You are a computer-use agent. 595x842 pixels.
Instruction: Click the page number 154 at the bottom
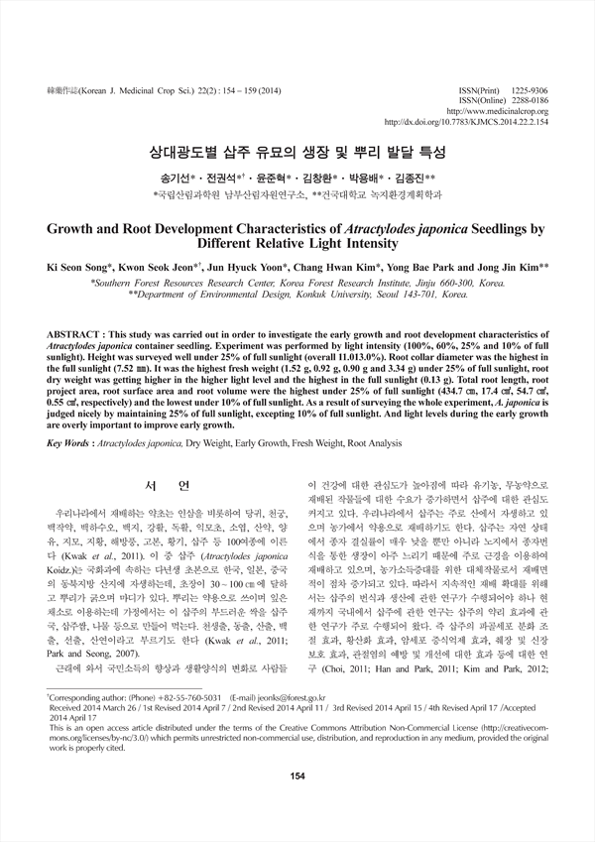(x=297, y=802)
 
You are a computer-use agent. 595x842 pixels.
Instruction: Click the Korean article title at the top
(x=297, y=155)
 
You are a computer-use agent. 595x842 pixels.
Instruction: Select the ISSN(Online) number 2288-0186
(x=527, y=100)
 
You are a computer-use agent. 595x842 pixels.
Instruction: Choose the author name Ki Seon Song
(x=79, y=267)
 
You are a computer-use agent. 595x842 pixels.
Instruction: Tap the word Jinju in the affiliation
(x=390, y=283)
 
